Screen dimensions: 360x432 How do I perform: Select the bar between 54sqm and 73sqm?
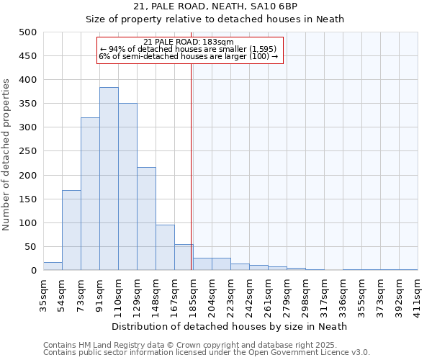click(x=71, y=230)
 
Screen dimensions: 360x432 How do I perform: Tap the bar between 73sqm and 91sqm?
click(x=90, y=194)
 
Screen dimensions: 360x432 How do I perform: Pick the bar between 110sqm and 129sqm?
click(x=127, y=186)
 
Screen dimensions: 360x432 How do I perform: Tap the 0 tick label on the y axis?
click(x=33, y=271)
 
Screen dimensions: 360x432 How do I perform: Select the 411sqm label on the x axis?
click(x=418, y=294)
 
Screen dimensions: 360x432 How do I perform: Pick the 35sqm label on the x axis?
click(x=43, y=294)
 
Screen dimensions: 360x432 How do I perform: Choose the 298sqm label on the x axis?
click(x=305, y=294)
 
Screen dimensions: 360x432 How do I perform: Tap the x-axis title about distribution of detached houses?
click(x=230, y=326)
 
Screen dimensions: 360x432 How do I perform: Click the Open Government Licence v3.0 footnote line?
click(x=207, y=353)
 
